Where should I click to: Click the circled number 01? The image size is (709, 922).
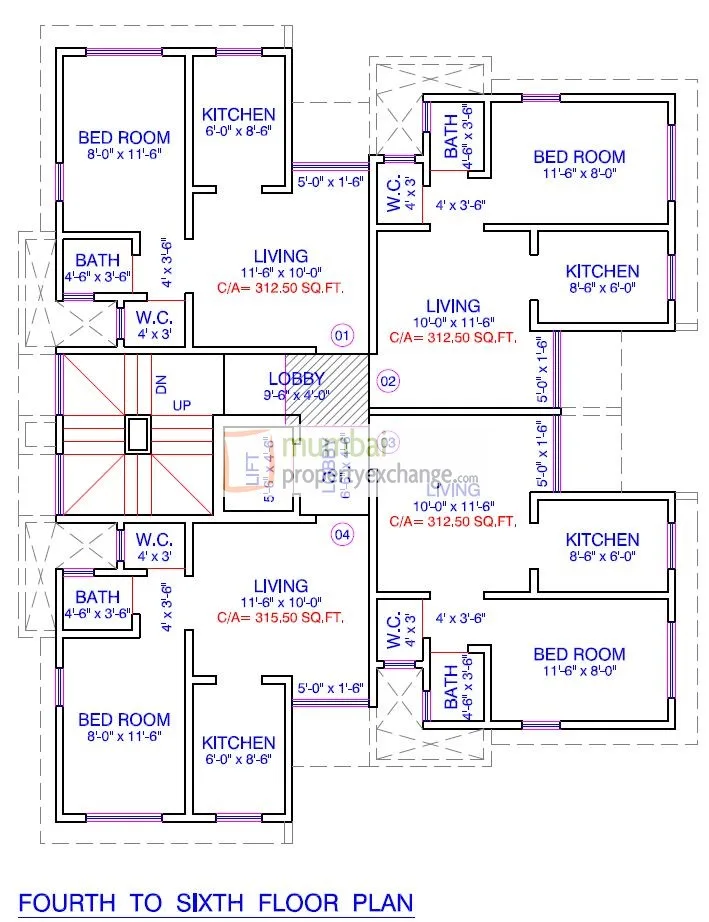[x=342, y=335]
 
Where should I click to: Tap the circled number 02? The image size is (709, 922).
[x=388, y=381]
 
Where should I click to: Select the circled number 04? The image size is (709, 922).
[x=342, y=535]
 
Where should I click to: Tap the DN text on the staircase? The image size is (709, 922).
[x=159, y=383]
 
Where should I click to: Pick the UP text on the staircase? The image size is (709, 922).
[x=181, y=405]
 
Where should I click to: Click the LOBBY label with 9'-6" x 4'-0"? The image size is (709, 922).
[x=296, y=379]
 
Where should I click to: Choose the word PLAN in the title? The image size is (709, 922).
[x=381, y=903]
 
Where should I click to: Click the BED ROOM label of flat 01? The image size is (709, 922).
[x=124, y=138]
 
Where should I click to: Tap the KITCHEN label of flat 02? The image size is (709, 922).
[x=602, y=271]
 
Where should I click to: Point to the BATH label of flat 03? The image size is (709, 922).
[x=451, y=686]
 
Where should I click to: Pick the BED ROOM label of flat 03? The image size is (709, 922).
[x=579, y=655]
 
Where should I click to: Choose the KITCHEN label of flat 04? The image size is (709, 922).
[x=238, y=743]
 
